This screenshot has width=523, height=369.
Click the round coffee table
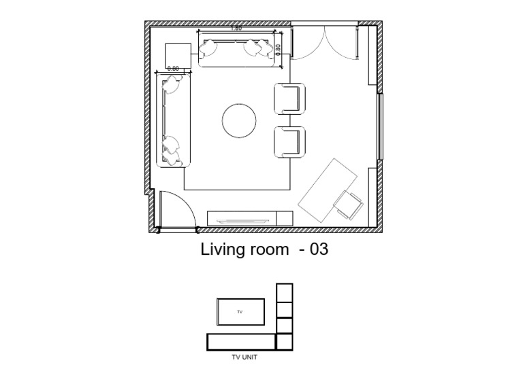coord(239,120)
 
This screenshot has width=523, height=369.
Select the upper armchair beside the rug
coord(289,99)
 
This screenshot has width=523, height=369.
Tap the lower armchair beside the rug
coord(289,142)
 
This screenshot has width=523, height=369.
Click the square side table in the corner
coord(178,56)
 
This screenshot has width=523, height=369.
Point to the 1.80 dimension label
coord(236,29)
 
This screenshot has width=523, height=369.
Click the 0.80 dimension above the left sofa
coord(173,69)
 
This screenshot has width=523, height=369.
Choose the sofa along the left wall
coord(174,120)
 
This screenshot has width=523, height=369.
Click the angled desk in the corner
coord(328,190)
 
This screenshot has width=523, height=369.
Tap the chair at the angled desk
coord(349,205)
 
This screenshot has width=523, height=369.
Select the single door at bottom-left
coord(177,211)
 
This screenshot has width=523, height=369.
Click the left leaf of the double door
coord(308,41)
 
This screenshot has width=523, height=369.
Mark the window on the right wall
coord(380,126)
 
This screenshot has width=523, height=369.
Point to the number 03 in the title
coord(319,249)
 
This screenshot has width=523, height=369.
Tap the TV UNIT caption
coord(244,357)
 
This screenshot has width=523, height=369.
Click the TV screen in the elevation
coord(240,312)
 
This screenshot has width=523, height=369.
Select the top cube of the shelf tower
coord(285,292)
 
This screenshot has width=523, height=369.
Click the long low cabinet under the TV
coord(241,342)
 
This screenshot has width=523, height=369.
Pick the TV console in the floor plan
coord(250,218)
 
